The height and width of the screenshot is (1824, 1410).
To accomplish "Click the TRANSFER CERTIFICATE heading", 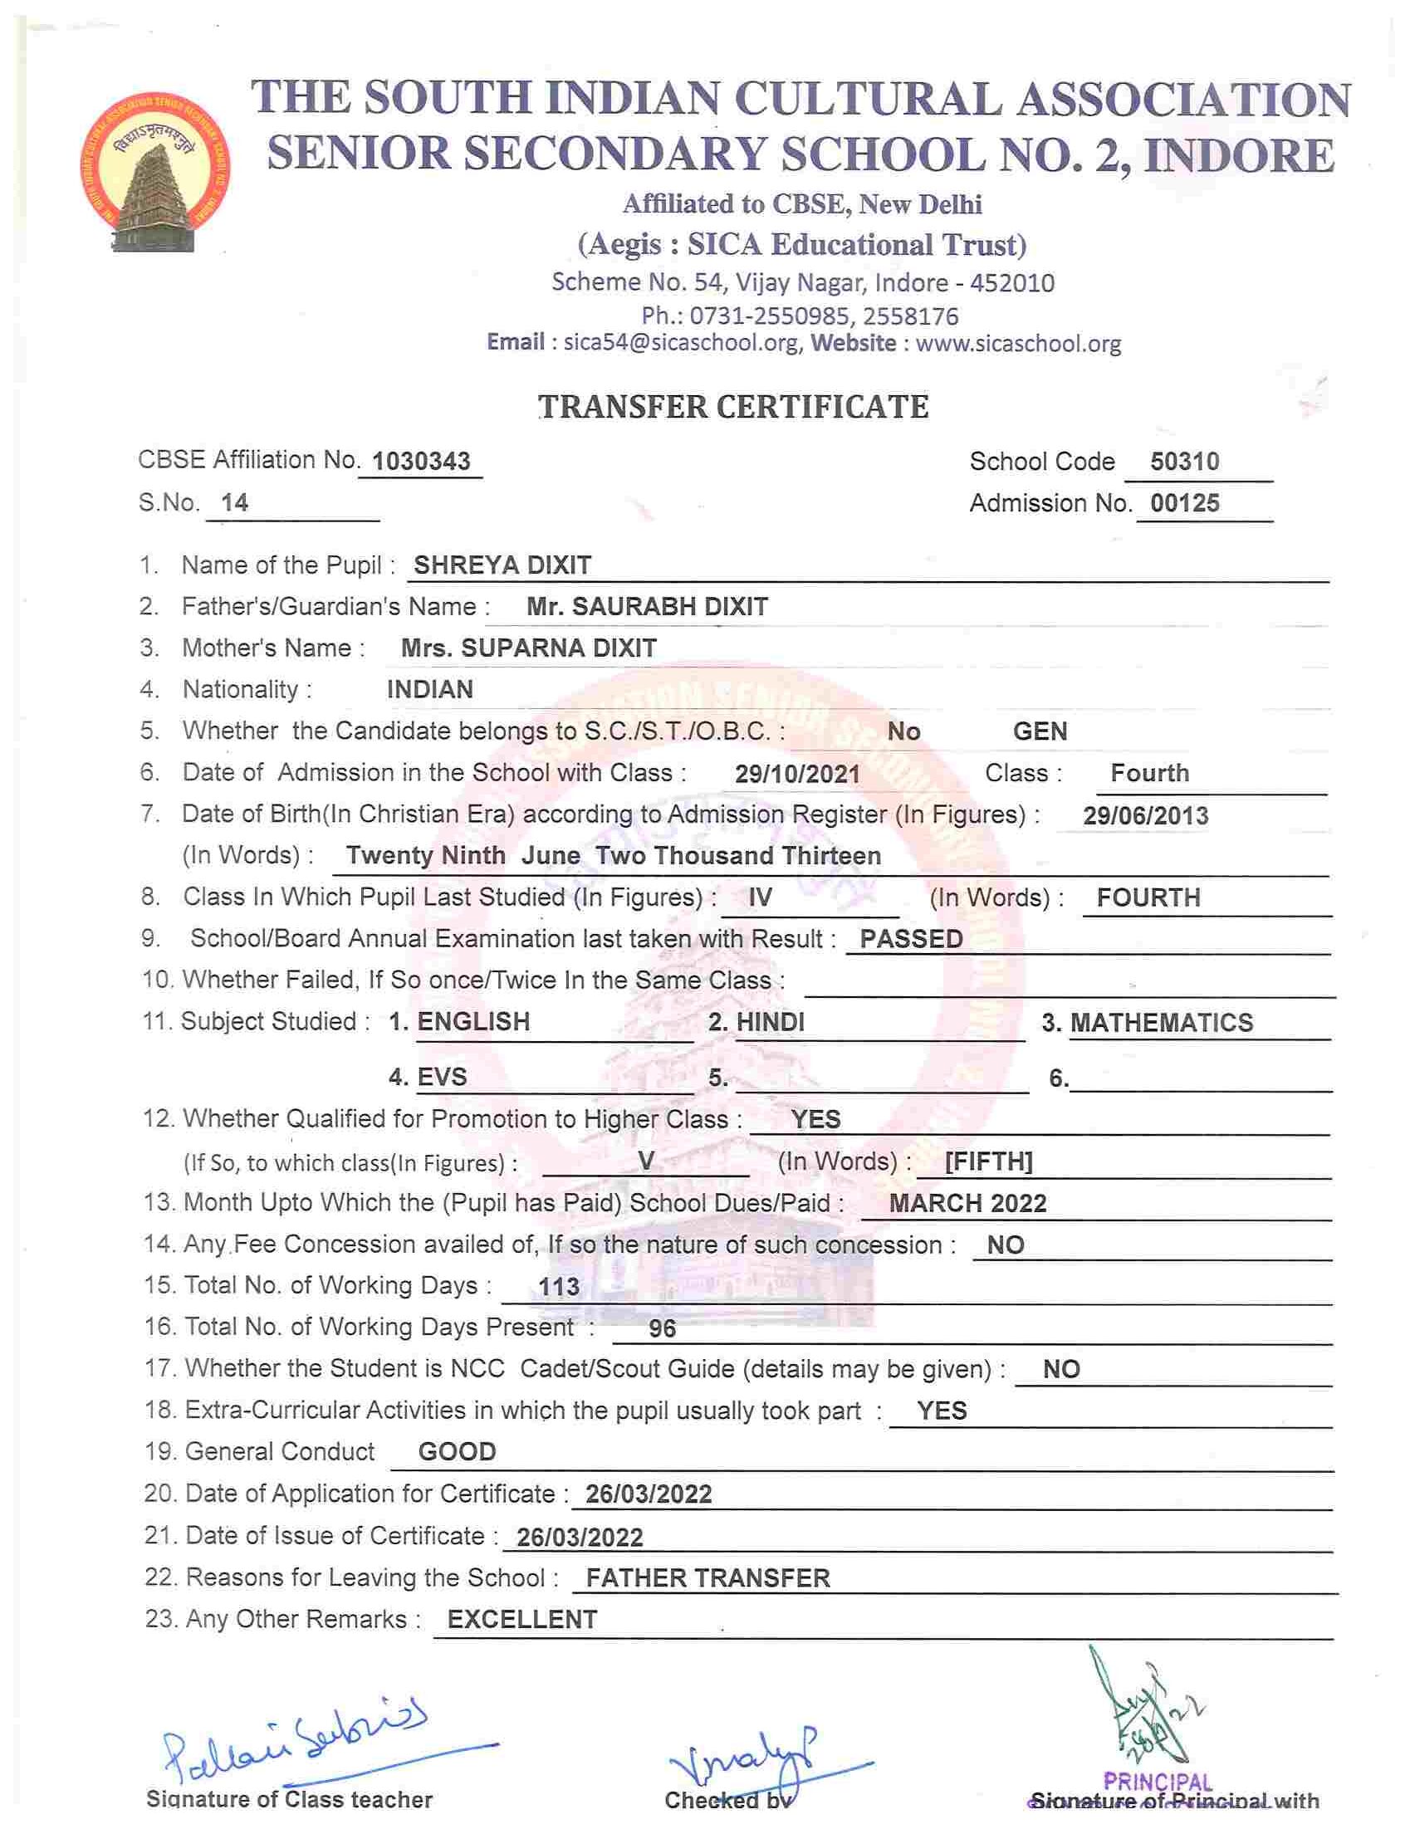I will tap(733, 407).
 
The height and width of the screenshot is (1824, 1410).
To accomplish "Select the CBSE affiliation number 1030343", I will tap(421, 461).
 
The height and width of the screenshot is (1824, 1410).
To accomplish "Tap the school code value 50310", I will tap(1184, 461).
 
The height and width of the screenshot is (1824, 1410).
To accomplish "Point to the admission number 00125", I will tap(1184, 503).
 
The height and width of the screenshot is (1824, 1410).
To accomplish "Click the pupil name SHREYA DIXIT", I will tap(502, 565).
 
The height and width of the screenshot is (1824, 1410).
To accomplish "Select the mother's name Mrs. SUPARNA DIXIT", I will tap(529, 648).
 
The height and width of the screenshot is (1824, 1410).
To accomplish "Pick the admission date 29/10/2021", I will tap(797, 775).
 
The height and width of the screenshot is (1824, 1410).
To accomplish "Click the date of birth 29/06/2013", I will tap(1145, 816).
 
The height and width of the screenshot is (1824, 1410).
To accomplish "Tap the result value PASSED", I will tap(911, 939).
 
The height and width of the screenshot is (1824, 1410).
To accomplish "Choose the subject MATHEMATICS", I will tap(1161, 1022).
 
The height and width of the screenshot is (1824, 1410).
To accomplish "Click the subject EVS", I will tap(442, 1077).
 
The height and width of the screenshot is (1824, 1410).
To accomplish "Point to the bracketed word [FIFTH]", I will tap(988, 1161).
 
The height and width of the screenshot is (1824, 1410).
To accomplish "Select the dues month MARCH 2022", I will tap(967, 1204).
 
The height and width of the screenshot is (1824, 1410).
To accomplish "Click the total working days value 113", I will tap(559, 1286).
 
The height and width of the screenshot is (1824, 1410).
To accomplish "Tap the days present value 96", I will tap(662, 1328).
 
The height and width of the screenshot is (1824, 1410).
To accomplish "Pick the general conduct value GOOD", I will tap(457, 1451).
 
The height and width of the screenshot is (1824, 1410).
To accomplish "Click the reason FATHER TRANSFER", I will tap(707, 1577).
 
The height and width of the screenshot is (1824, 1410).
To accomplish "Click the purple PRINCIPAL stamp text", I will tap(1157, 1783).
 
